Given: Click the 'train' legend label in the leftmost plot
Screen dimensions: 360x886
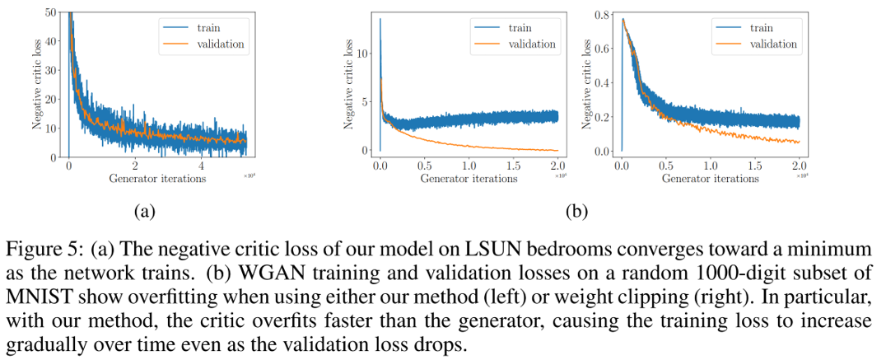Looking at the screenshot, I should (208, 27).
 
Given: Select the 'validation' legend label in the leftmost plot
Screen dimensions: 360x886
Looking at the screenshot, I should (220, 44).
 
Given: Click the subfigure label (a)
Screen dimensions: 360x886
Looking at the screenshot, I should (144, 211).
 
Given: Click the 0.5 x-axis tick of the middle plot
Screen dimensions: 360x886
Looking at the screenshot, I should (425, 165).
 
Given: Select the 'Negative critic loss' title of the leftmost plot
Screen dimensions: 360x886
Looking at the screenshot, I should (37, 86).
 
